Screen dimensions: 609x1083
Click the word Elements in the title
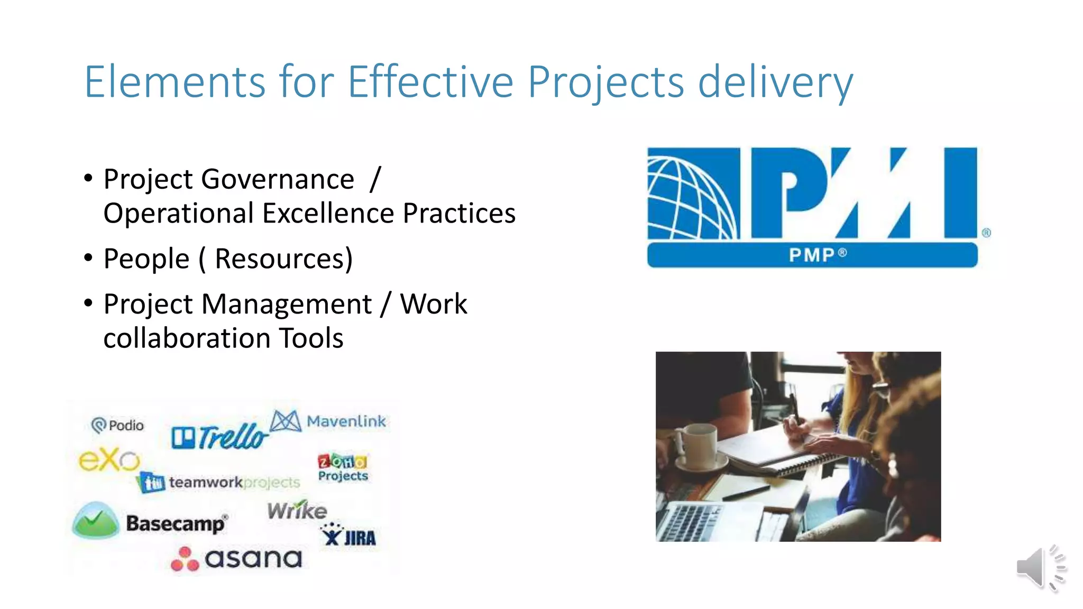click(x=175, y=82)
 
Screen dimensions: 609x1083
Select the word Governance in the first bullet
click(x=278, y=179)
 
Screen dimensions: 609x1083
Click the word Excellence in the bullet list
click(x=328, y=214)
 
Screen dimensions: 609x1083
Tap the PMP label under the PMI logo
click(x=812, y=255)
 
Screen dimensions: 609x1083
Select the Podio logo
click(x=117, y=425)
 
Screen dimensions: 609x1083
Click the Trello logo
click(x=219, y=437)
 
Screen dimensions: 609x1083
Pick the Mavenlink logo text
click(x=346, y=421)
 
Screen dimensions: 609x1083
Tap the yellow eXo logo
click(x=109, y=460)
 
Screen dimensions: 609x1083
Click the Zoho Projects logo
click(x=343, y=467)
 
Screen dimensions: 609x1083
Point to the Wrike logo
click(x=297, y=510)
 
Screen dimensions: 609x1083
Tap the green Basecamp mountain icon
click(x=96, y=520)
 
